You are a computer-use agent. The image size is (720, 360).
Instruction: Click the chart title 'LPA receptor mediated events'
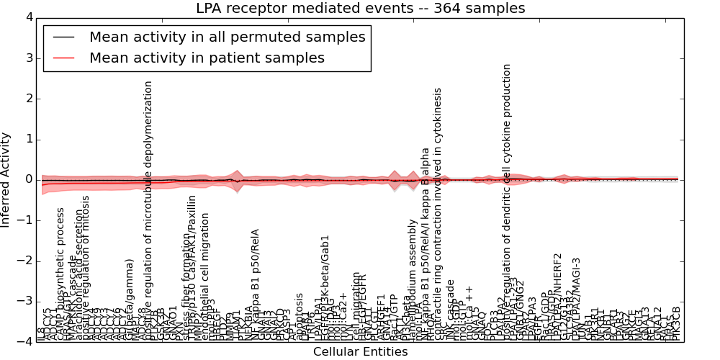pos(361,9)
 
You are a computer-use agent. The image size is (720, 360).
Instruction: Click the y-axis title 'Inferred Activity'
pos(6,180)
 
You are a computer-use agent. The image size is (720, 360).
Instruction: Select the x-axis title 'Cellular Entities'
pos(360,352)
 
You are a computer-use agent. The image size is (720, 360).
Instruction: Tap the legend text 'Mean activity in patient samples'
pos(207,58)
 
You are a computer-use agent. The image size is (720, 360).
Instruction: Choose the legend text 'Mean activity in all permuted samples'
pos(228,37)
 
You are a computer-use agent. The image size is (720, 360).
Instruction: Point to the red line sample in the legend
pos(63,58)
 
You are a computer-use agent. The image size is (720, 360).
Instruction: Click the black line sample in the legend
pos(63,37)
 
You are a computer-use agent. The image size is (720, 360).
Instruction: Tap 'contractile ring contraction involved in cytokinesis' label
pos(438,215)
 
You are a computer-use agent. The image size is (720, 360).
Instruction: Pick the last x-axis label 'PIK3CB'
pos(675,323)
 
